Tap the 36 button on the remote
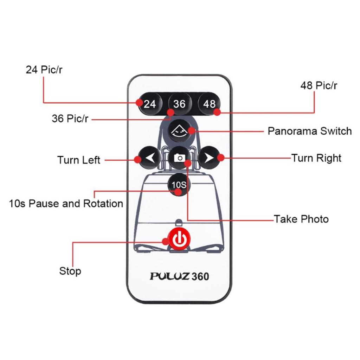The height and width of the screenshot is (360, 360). pyautogui.click(x=179, y=104)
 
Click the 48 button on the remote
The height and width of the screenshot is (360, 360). pyautogui.click(x=209, y=104)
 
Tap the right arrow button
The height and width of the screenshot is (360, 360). pyautogui.click(x=208, y=158)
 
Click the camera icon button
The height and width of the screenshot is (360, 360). pyautogui.click(x=179, y=158)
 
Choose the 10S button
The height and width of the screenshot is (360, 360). pyautogui.click(x=179, y=185)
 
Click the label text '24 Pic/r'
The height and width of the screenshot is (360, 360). pyautogui.click(x=44, y=70)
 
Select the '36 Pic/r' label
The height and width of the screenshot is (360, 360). pyautogui.click(x=70, y=118)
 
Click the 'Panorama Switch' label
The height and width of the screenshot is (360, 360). pyautogui.click(x=309, y=131)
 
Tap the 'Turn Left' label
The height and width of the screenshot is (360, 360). pyautogui.click(x=79, y=160)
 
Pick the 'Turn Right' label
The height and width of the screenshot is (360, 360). pyautogui.click(x=316, y=158)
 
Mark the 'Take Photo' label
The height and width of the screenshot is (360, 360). pyautogui.click(x=301, y=219)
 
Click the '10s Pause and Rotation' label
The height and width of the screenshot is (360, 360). pyautogui.click(x=66, y=204)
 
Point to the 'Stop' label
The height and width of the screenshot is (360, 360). pyautogui.click(x=70, y=271)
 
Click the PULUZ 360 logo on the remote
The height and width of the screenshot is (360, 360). pyautogui.click(x=179, y=276)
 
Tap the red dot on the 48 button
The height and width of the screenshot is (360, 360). pyautogui.click(x=217, y=112)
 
